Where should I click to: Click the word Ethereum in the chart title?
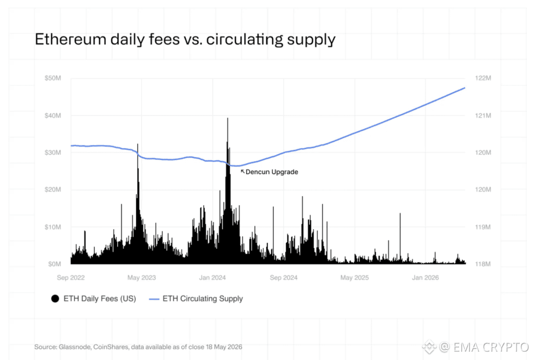(70, 39)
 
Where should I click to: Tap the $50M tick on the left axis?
(53, 78)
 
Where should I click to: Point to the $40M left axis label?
(53, 116)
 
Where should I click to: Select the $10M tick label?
(53, 227)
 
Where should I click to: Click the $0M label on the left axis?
(54, 264)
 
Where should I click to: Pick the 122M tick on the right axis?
(483, 78)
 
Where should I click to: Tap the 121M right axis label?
(483, 116)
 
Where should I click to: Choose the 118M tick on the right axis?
(483, 264)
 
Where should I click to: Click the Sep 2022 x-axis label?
(71, 278)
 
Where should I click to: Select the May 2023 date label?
(142, 278)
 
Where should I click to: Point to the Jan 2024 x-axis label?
(212, 278)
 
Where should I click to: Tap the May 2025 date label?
(354, 278)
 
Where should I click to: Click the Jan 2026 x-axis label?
(425, 278)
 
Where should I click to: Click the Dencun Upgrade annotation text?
(272, 172)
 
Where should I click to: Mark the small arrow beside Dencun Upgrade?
(243, 171)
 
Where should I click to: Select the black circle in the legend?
(55, 299)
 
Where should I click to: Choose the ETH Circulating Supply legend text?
(202, 299)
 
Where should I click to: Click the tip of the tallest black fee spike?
(228, 118)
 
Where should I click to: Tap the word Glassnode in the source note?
(75, 347)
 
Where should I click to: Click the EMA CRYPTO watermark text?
(491, 347)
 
